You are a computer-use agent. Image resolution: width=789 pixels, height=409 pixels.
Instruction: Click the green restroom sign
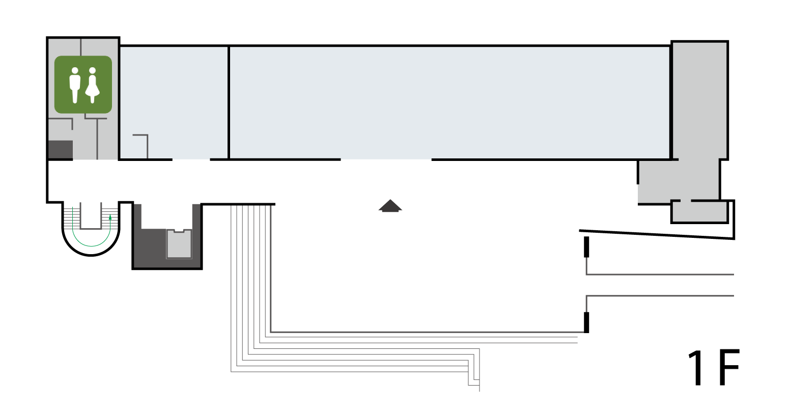83,85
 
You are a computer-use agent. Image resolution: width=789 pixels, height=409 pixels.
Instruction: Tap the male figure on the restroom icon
75,86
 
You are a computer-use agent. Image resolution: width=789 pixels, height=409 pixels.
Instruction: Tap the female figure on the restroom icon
92,86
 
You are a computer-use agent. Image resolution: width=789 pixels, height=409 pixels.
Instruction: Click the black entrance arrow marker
390,206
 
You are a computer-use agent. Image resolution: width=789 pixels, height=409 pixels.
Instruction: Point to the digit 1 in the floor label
696,368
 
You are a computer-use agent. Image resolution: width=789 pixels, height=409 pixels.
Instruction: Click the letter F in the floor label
729,368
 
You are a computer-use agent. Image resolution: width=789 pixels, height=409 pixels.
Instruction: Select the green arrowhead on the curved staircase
110,217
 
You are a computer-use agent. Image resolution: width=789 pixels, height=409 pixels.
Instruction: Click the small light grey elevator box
179,244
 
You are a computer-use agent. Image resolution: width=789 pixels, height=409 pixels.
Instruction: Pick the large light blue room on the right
450,102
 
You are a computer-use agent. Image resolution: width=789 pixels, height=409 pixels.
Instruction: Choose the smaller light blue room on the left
174,102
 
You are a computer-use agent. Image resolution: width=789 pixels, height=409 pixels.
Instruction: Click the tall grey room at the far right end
700,100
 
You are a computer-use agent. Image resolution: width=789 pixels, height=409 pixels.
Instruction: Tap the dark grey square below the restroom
60,150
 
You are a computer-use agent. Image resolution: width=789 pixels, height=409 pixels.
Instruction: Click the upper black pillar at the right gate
586,247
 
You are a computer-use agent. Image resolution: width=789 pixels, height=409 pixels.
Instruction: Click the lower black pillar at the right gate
586,322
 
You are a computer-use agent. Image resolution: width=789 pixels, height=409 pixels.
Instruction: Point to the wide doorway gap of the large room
386,160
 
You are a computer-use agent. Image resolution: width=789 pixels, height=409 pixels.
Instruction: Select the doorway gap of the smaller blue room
191,160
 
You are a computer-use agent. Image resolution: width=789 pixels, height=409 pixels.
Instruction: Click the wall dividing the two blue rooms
229,102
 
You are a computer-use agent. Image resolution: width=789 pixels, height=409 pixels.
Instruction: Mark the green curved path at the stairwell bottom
91,246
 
